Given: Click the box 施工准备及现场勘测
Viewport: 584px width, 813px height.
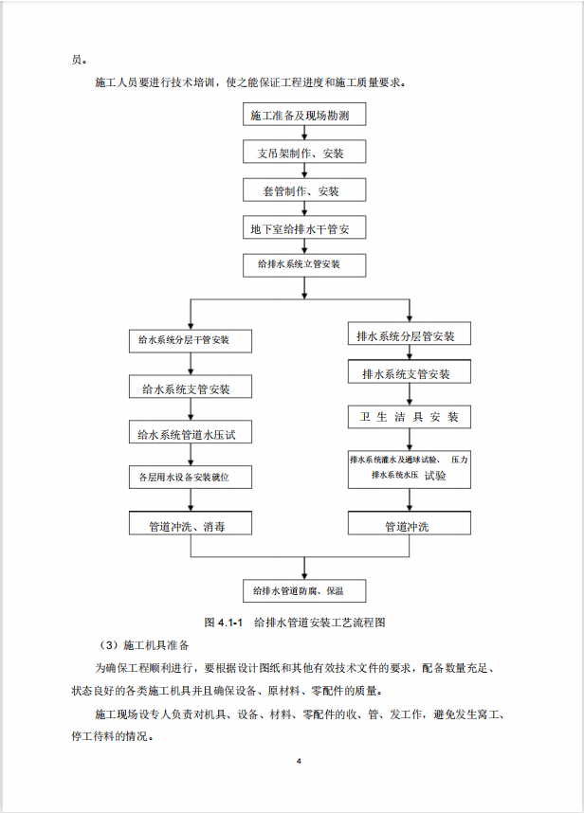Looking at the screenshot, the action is click(x=304, y=115).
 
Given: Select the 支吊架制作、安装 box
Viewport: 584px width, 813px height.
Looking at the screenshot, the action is click(x=304, y=152).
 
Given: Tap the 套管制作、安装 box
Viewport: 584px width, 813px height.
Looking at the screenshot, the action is click(x=304, y=190).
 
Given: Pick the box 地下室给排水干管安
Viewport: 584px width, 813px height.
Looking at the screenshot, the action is click(x=304, y=227).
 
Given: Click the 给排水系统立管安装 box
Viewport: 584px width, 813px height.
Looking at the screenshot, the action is click(x=304, y=265).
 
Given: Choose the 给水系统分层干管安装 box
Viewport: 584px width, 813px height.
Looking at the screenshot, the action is click(x=191, y=341).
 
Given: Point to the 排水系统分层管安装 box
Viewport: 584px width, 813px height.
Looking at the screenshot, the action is click(x=410, y=334).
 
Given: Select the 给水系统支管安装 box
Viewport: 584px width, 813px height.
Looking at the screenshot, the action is click(x=191, y=387).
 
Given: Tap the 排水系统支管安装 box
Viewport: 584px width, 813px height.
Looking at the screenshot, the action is click(x=410, y=371).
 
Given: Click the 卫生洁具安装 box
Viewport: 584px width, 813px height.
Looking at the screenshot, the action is click(x=410, y=417).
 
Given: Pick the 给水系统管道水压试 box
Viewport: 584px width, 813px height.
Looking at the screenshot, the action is click(x=191, y=432).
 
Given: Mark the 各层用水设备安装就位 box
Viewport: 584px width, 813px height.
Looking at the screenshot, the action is click(x=191, y=477).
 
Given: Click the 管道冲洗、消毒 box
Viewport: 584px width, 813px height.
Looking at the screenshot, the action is click(x=191, y=523).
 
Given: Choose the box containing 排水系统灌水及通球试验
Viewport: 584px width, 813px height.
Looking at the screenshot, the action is click(x=410, y=470).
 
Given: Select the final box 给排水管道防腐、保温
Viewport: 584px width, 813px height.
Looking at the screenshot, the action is click(x=304, y=590).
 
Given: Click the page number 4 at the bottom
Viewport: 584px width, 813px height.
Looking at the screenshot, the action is click(x=299, y=761).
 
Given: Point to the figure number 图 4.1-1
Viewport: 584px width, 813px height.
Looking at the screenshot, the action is click(x=224, y=623).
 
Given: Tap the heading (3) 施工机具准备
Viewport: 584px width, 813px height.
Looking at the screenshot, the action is click(x=144, y=645).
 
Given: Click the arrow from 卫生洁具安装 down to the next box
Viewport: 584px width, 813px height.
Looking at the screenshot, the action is click(x=410, y=440).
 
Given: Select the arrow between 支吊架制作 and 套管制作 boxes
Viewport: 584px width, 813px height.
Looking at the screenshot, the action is click(x=304, y=171).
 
